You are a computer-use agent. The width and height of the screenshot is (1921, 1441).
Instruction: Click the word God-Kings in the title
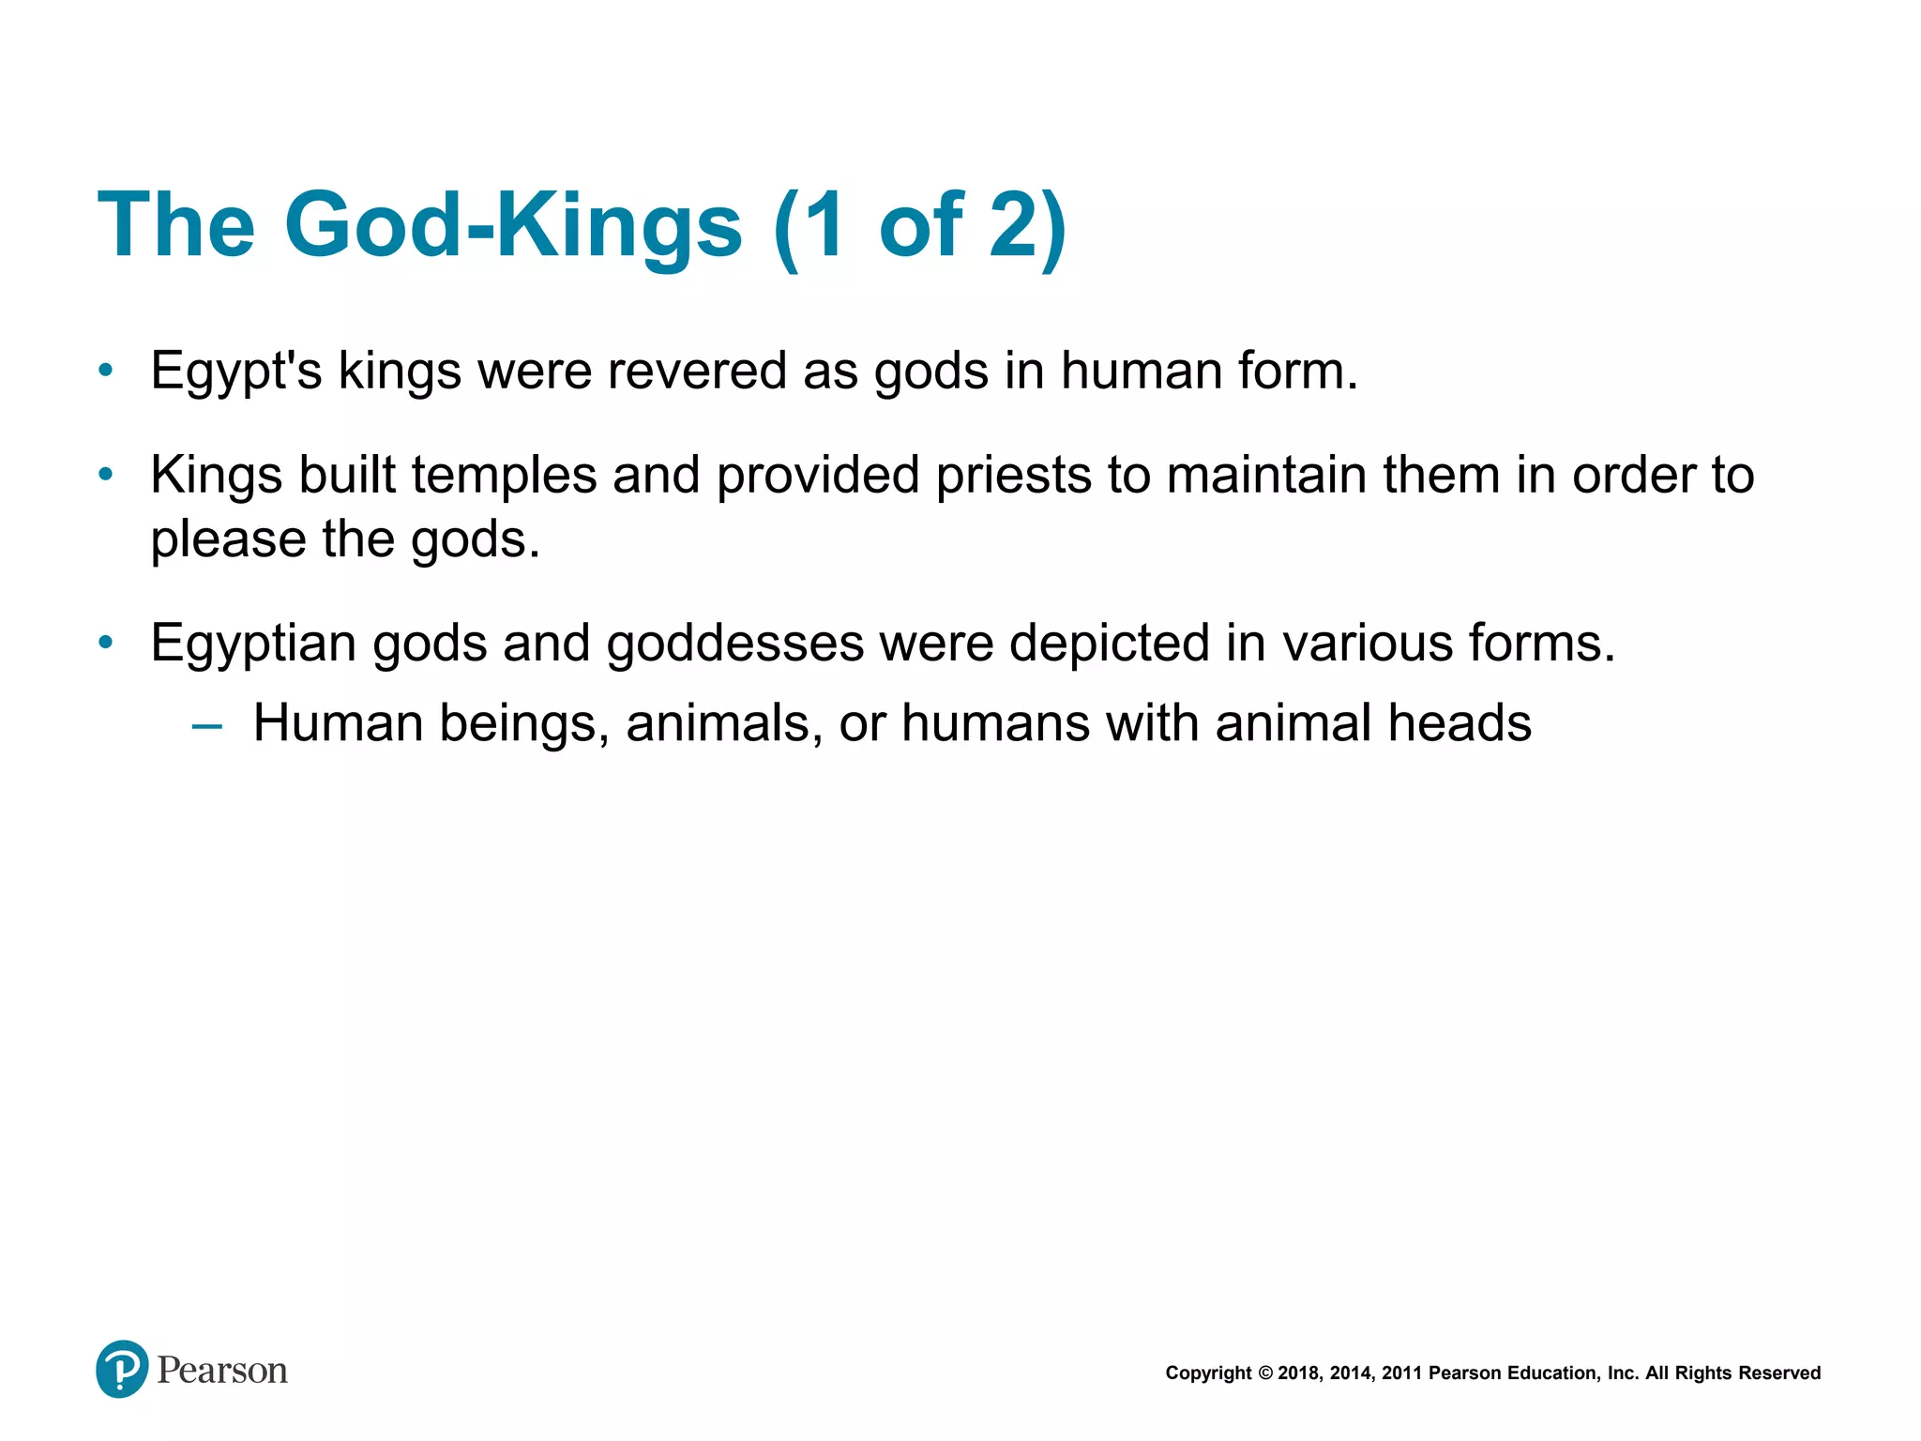point(513,225)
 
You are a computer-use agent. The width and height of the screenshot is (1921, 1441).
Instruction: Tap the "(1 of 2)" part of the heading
point(920,225)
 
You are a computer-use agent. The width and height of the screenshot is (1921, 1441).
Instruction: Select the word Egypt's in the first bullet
point(236,372)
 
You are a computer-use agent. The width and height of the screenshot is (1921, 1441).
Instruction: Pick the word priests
point(1013,476)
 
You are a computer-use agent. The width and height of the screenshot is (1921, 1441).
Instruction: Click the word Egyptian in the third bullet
point(253,645)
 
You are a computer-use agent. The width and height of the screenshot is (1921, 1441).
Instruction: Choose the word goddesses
point(735,645)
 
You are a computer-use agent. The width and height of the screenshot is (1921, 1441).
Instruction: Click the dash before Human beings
point(206,725)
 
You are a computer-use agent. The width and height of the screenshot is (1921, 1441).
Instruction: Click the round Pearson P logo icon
point(122,1370)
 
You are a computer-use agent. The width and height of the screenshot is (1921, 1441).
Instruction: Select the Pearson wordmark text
point(222,1371)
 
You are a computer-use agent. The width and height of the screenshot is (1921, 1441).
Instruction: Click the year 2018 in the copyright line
point(1297,1373)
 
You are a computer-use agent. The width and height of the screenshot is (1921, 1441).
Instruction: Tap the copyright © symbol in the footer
point(1264,1373)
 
